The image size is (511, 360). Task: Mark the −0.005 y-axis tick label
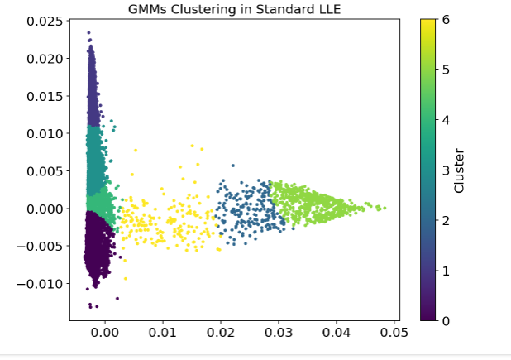(x=37, y=246)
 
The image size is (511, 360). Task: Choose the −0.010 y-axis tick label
(x=37, y=284)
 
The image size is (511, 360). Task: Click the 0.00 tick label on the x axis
(x=105, y=333)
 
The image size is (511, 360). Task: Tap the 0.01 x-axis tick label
(x=163, y=333)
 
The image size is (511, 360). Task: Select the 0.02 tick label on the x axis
(x=221, y=333)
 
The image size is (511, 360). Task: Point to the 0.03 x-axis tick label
(x=279, y=333)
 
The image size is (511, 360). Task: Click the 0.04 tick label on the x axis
(x=337, y=333)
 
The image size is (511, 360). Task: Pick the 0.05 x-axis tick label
(x=394, y=333)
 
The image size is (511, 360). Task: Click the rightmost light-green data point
(x=384, y=208)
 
